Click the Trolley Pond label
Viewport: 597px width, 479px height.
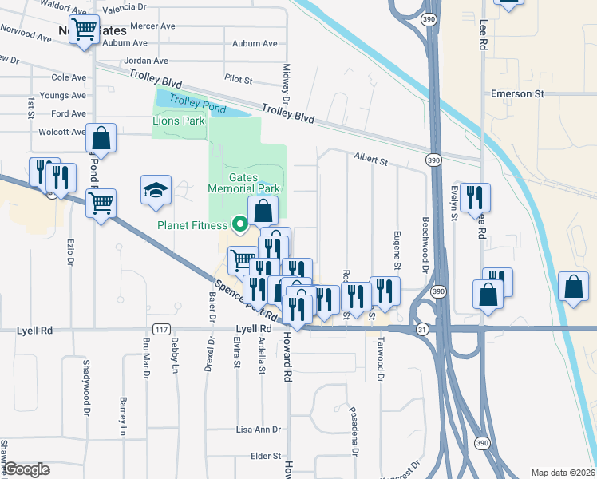(197, 104)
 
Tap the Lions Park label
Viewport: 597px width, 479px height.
(179, 121)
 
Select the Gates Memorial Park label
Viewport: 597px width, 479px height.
(243, 183)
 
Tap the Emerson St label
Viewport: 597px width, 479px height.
(517, 94)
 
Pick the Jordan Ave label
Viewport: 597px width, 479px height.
(146, 61)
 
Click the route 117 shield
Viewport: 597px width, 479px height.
(161, 330)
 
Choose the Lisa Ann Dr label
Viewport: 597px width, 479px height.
(259, 430)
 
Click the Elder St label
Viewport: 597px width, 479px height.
(266, 457)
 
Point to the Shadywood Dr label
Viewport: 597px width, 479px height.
(86, 386)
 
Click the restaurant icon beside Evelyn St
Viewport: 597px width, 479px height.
(475, 197)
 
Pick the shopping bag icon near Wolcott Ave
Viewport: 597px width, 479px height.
(101, 137)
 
